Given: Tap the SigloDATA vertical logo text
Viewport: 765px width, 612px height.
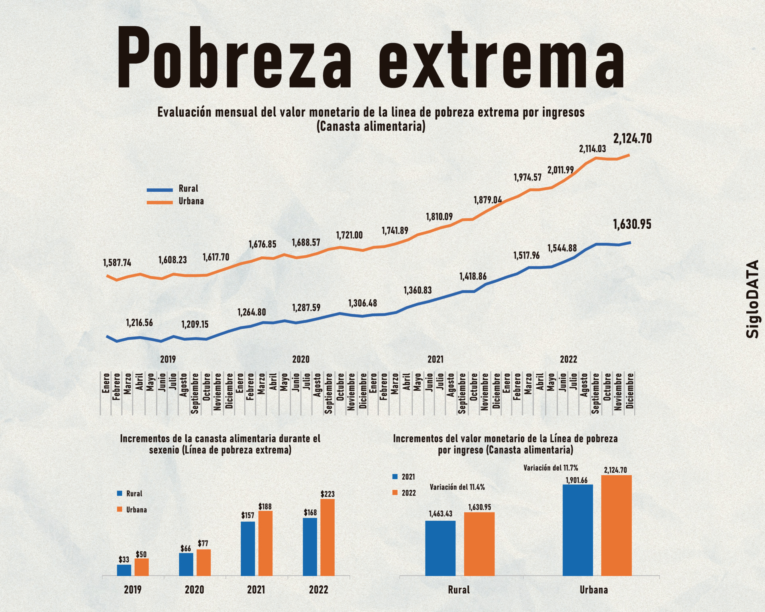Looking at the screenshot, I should click(752, 299).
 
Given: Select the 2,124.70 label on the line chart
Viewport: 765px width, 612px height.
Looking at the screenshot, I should click(632, 139).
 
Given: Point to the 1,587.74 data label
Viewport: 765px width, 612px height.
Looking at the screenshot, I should click(117, 263).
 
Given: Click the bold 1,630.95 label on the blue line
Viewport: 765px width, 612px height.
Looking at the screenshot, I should click(632, 224).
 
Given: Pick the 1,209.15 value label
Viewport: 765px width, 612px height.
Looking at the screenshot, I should click(195, 324).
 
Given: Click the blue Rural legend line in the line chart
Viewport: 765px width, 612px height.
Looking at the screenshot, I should click(160, 190).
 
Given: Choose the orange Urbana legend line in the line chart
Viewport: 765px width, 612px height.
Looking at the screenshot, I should click(160, 202).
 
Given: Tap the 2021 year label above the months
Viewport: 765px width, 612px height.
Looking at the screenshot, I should click(435, 359).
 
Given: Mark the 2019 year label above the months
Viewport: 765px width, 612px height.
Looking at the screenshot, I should click(168, 359).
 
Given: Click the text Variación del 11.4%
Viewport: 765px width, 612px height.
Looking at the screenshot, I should click(457, 487).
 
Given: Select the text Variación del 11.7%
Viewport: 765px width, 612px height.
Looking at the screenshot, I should click(550, 468).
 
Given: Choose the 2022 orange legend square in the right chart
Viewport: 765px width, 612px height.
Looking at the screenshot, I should click(395, 492).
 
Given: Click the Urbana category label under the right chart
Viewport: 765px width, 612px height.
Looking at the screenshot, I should click(594, 590).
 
